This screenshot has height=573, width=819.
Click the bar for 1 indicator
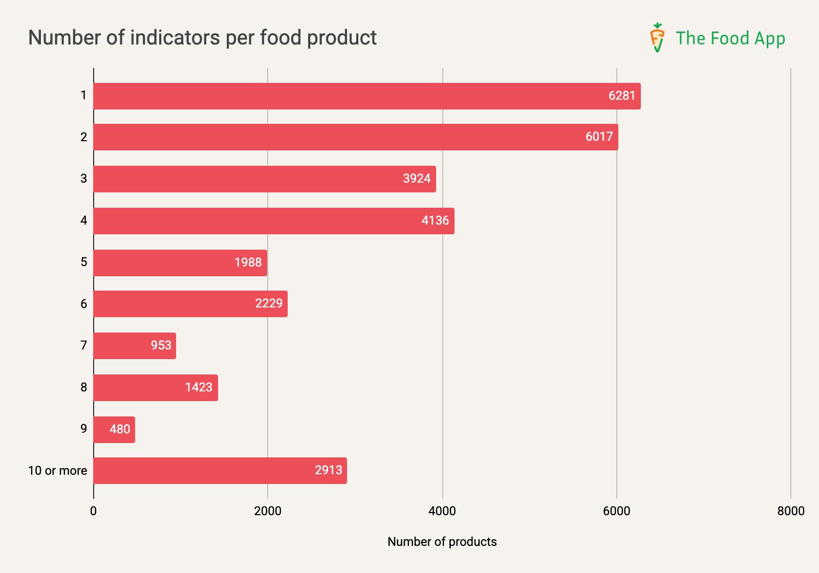[367, 96]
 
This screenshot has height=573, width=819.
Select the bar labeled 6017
[355, 137]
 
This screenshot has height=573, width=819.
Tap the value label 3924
[417, 179]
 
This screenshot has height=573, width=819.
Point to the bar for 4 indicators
[273, 221]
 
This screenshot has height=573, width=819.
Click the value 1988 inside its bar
[248, 262]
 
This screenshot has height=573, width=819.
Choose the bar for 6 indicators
[190, 304]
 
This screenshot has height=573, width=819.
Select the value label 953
[161, 345]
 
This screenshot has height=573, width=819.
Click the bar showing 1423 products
[155, 387]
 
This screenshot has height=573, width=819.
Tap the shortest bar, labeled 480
[114, 429]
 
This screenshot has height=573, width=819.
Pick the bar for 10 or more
[220, 471]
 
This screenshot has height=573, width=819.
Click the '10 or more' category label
[57, 471]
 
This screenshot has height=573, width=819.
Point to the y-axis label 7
[83, 345]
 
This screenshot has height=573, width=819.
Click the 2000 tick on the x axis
[268, 511]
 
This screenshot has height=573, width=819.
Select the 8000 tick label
[790, 511]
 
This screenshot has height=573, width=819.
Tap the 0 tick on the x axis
[93, 511]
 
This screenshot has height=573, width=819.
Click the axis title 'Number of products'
[442, 542]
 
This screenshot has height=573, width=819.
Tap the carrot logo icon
[657, 37]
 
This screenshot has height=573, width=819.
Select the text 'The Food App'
[730, 38]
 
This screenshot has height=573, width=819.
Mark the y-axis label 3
[83, 179]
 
